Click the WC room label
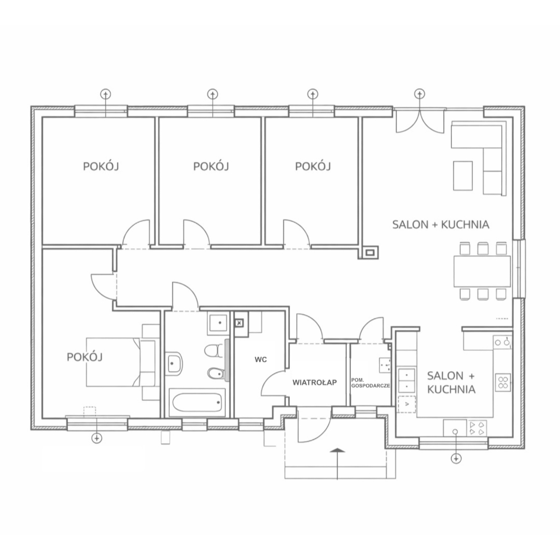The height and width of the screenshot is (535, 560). [261, 360]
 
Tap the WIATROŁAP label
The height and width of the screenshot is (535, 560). [315, 383]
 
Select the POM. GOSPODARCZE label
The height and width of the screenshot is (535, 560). [370, 383]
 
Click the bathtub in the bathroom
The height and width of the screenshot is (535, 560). [197, 402]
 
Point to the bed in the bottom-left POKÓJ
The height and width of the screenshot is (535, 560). [121, 362]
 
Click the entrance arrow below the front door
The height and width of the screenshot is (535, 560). [338, 464]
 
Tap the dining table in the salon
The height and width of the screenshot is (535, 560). [482, 271]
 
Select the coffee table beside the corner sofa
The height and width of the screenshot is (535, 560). [463, 176]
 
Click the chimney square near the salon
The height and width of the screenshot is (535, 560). [370, 253]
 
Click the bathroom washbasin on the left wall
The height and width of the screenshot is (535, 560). [174, 363]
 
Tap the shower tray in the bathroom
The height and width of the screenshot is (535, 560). [218, 323]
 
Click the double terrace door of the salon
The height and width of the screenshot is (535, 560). [419, 121]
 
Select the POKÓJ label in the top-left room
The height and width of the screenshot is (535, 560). [101, 166]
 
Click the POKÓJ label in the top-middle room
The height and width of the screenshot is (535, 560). [211, 166]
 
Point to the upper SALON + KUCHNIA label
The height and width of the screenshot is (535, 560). [441, 224]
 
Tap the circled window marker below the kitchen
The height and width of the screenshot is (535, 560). [456, 458]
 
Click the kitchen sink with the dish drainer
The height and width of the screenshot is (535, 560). [465, 428]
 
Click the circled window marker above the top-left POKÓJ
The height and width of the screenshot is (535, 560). [106, 94]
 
